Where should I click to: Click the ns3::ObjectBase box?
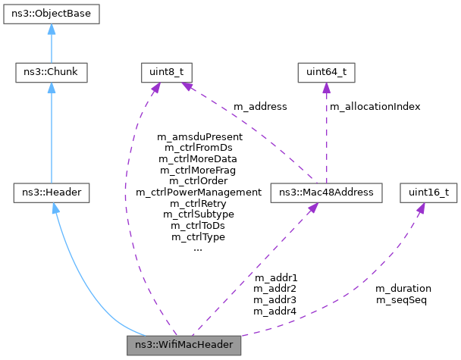click(x=52, y=14)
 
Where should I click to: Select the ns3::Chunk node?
click(x=52, y=73)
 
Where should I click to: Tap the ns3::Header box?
click(x=52, y=193)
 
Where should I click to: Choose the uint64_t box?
click(x=325, y=73)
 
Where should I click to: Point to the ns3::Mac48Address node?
click(x=325, y=193)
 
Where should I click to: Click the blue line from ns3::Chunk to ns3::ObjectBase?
click(x=52, y=45)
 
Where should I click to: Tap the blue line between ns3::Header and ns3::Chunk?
click(x=52, y=136)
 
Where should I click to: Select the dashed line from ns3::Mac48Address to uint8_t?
click(x=243, y=133)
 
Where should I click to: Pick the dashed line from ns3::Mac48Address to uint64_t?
click(x=325, y=136)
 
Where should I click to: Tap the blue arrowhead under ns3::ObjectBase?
click(x=52, y=28)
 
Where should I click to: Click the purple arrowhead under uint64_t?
click(x=325, y=88)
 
